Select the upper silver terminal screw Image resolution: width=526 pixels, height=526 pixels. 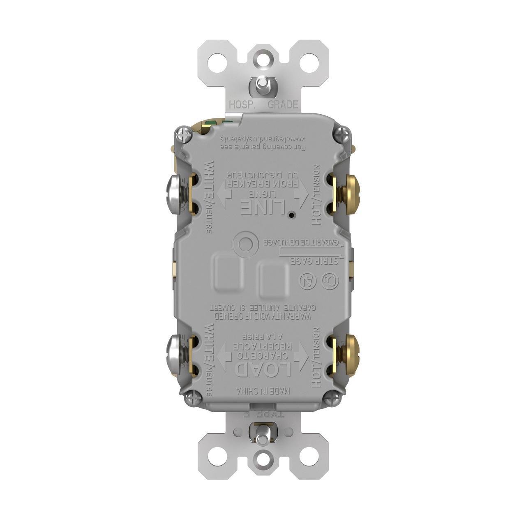(173, 194)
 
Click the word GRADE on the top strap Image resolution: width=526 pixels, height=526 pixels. (283, 105)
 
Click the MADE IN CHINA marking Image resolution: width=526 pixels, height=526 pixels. (263, 390)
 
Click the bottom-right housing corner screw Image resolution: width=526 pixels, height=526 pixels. (331, 398)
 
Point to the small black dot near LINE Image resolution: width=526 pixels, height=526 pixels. (291, 215)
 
